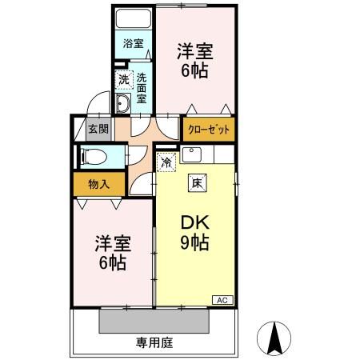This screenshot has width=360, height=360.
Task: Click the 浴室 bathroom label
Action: pos(133,44)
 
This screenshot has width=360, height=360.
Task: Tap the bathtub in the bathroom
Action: pos(133,20)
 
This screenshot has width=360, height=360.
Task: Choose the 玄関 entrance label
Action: pos(98,128)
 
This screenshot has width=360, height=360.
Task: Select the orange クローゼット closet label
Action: pos(210,128)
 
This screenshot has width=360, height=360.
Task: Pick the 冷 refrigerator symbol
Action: pos(166,162)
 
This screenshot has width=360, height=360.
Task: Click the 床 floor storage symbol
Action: pos(197,183)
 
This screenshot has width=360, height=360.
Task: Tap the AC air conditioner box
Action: pos(222,299)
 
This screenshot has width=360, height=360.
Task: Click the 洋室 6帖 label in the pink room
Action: pos(113,252)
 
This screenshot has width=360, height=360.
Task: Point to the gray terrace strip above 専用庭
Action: pos(154,321)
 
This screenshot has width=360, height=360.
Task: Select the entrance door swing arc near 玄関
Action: pos(95,103)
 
